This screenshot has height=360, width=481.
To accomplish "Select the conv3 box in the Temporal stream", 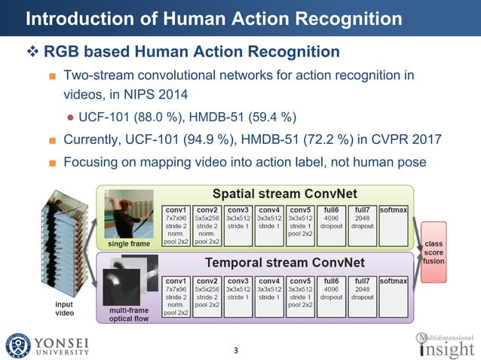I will pyautogui.click(x=240, y=295).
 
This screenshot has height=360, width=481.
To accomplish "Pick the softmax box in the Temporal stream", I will pyautogui.click(x=394, y=295).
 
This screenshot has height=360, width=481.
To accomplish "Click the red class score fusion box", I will pyautogui.click(x=434, y=252).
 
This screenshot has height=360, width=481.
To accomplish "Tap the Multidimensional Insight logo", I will pyautogui.click(x=446, y=343).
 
